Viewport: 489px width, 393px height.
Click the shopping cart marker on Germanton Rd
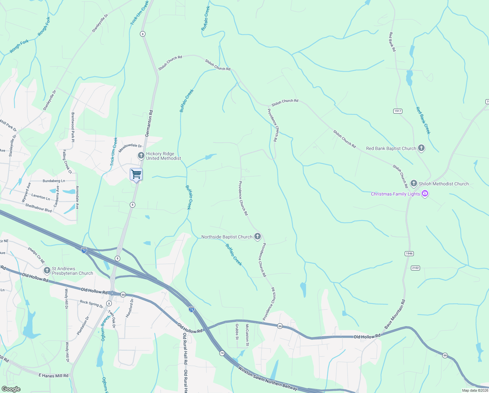coord(136,174)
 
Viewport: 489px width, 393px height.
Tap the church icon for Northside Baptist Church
coord(258,236)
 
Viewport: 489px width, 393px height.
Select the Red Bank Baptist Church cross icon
coord(421,148)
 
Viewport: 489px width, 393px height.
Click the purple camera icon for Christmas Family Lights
coord(425,194)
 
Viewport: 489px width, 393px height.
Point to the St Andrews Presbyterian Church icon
coord(47,271)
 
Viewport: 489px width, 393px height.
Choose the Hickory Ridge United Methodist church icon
coord(141,156)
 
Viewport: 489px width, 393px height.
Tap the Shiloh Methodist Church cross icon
coord(414,183)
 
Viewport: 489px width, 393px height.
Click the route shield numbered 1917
coord(397,111)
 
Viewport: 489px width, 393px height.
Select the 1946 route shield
coord(409,253)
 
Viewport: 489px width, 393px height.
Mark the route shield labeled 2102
coord(415,268)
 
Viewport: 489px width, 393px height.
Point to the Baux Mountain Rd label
coord(395,314)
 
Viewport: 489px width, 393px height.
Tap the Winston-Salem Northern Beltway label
coord(268,378)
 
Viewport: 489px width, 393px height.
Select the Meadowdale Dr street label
coord(130,148)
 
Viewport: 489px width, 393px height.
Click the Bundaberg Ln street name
coord(54,181)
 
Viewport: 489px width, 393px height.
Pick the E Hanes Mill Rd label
coord(54,376)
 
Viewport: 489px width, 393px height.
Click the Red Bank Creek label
coord(423,121)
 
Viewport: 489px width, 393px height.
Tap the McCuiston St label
coord(247,335)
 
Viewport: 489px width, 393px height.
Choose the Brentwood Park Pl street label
coord(73,127)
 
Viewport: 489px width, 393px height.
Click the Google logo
coord(11,389)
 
